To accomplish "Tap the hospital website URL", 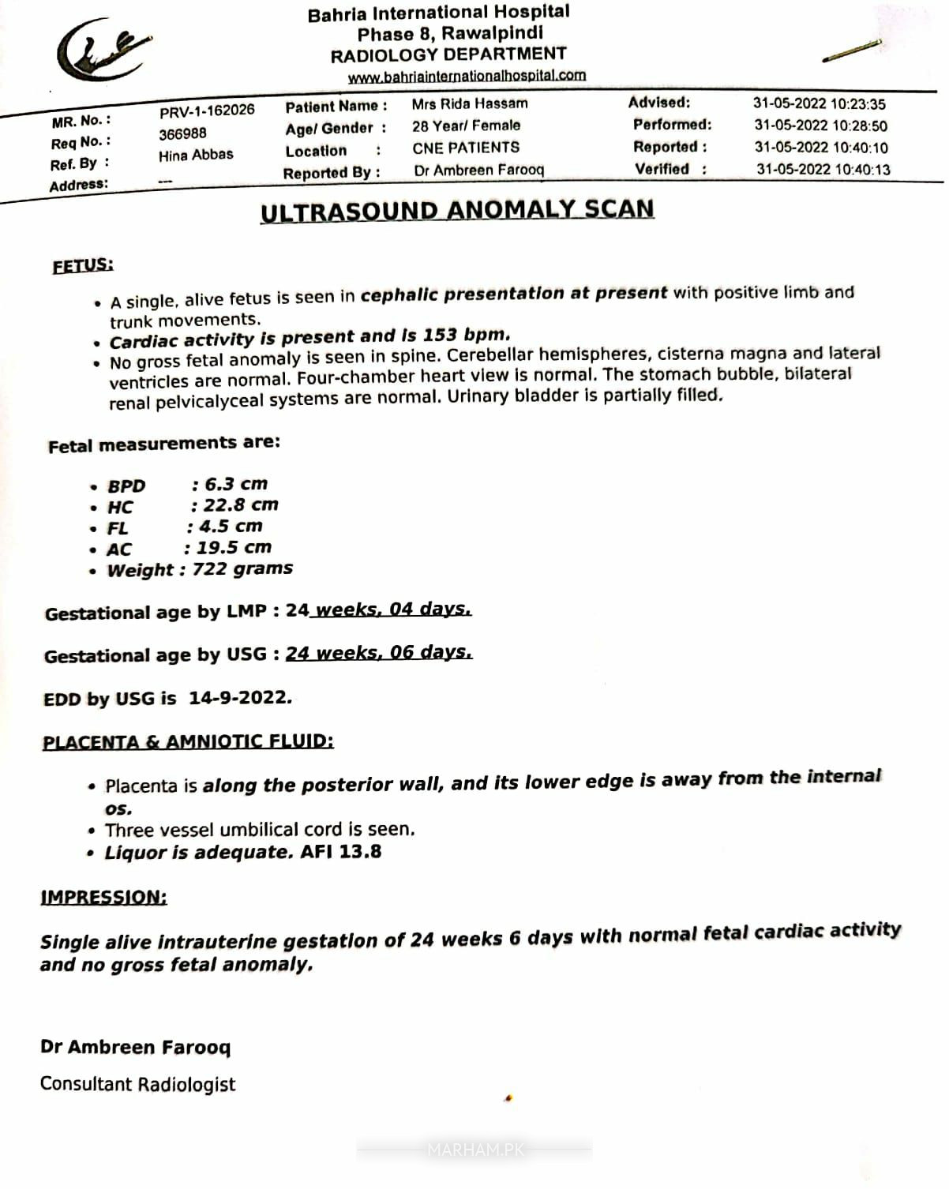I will click(x=467, y=76).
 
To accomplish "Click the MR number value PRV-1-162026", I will click(x=207, y=111).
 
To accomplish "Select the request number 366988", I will click(x=182, y=133).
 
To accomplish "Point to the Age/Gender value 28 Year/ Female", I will click(x=466, y=126).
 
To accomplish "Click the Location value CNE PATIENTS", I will click(x=466, y=148).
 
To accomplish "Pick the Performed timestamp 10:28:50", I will click(x=820, y=126).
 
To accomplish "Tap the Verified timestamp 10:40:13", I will click(x=823, y=169).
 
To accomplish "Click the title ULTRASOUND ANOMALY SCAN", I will click(x=457, y=210).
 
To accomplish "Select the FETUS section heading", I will click(x=83, y=265).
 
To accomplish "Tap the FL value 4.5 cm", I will click(x=230, y=526).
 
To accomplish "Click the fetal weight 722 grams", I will click(x=242, y=568).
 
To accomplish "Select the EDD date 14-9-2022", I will click(x=240, y=698).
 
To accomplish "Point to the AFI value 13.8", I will click(x=361, y=851).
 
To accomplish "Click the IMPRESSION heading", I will click(x=103, y=897).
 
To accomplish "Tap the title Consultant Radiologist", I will click(x=137, y=1084).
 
